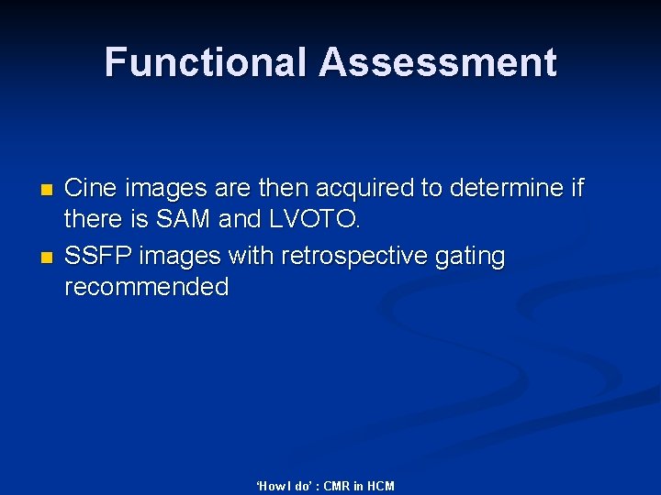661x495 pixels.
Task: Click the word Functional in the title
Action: (x=207, y=62)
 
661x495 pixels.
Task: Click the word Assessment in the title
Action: (x=438, y=62)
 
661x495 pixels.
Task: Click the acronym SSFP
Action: (x=95, y=255)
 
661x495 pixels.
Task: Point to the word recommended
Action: (x=147, y=287)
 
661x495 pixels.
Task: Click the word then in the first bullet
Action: (x=282, y=188)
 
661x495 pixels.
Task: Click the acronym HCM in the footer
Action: (x=379, y=486)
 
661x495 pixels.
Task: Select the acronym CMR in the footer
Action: (x=336, y=486)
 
